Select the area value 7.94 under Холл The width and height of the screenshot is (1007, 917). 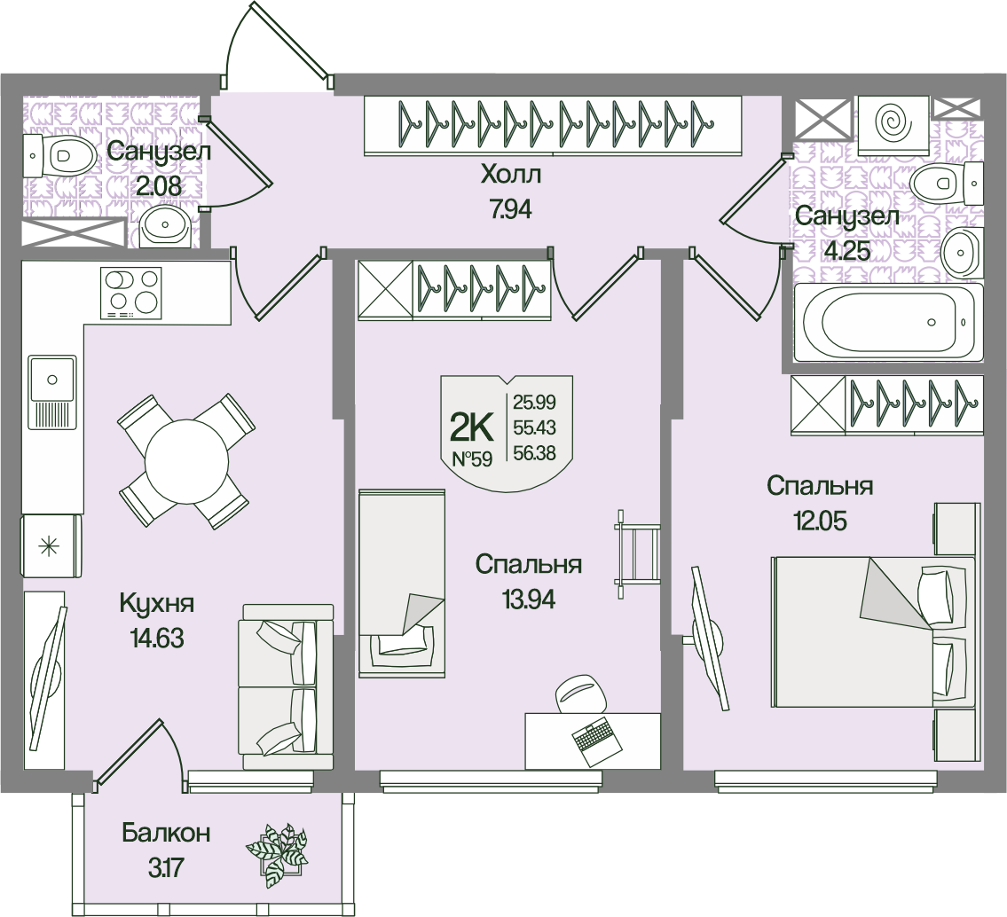(509, 210)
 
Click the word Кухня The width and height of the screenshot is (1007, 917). (156, 604)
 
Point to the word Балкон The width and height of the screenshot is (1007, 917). (166, 834)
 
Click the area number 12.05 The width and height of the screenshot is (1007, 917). (820, 520)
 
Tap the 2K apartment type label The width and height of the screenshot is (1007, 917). (472, 427)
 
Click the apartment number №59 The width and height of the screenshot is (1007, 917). (473, 459)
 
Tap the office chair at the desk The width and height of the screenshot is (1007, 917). (582, 694)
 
